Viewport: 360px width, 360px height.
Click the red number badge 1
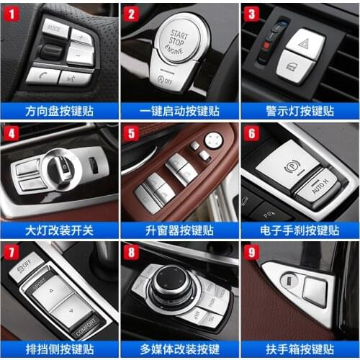pos(11,13)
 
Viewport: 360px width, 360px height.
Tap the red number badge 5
pos(130,133)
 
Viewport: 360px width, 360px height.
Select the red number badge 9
pos(251,253)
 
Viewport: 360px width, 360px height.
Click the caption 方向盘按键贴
pos(59,111)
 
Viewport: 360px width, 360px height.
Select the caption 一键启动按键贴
pos(179,111)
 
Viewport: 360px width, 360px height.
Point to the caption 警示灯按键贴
pos(300,111)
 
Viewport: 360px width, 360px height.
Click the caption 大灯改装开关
pos(59,230)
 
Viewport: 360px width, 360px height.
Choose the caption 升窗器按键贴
pos(179,230)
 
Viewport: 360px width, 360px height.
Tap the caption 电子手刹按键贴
pos(300,230)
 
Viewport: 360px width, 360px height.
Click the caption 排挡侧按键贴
pos(59,351)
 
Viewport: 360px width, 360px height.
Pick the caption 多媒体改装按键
pos(179,351)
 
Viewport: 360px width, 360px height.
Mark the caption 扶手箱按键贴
pos(300,351)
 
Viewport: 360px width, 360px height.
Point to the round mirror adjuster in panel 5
pos(213,140)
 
